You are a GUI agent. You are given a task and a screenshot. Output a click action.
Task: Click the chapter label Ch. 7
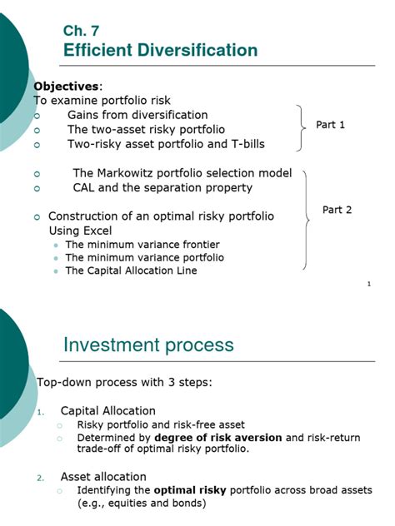coord(81,31)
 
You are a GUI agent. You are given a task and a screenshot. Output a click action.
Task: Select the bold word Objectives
coord(66,87)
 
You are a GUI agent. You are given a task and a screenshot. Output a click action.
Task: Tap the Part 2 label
coord(337,210)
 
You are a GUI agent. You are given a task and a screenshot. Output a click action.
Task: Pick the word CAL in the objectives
coord(86,188)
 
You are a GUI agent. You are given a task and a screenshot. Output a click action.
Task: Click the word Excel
coord(96,230)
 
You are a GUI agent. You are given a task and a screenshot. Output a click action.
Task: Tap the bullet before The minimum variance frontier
coord(56,245)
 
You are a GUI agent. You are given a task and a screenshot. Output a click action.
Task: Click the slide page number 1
coord(368,285)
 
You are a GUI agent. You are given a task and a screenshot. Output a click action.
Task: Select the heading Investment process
coord(148,345)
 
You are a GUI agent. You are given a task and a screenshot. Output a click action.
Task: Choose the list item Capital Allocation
coord(107,410)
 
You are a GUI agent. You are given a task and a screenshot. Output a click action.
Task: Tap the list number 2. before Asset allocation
coord(41,478)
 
